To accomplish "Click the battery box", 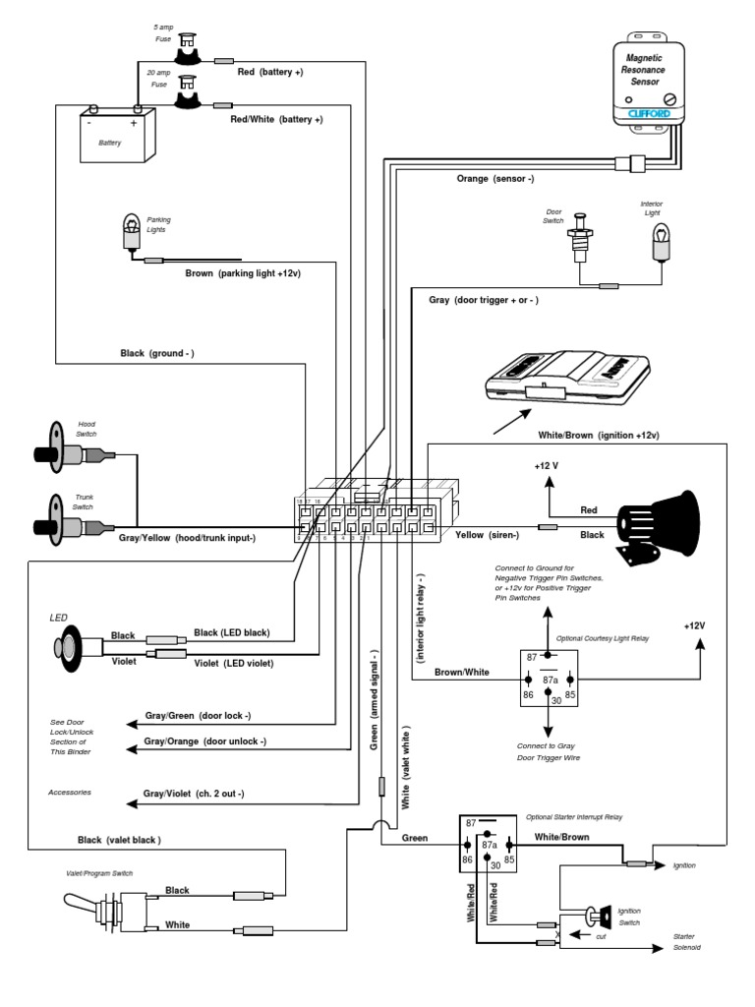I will point(117,136).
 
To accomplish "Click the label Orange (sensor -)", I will point(494,179).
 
